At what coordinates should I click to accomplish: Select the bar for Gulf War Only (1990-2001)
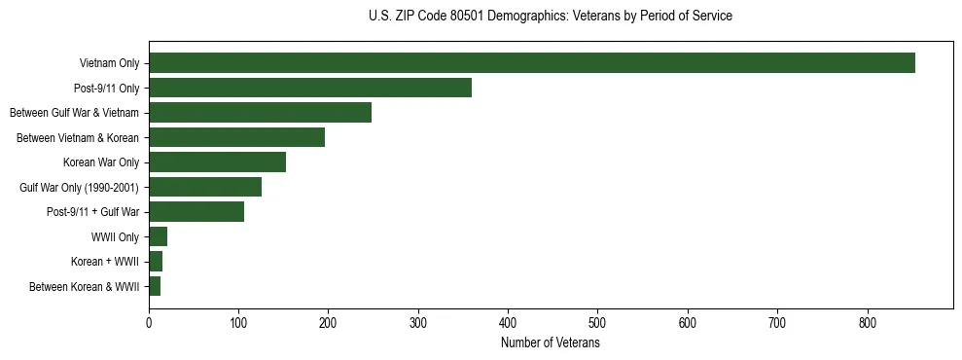pyautogui.click(x=204, y=187)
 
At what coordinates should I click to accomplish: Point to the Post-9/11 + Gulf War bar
pyautogui.click(x=196, y=212)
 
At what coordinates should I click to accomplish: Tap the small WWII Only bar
pyautogui.click(x=158, y=236)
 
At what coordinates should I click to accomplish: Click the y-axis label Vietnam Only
pyautogui.click(x=109, y=63)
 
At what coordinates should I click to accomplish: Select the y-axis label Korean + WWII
pyautogui.click(x=105, y=262)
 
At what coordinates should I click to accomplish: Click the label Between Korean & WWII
pyautogui.click(x=84, y=287)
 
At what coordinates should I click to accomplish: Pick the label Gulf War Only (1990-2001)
pyautogui.click(x=79, y=187)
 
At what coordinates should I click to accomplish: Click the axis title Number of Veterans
pyautogui.click(x=550, y=342)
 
